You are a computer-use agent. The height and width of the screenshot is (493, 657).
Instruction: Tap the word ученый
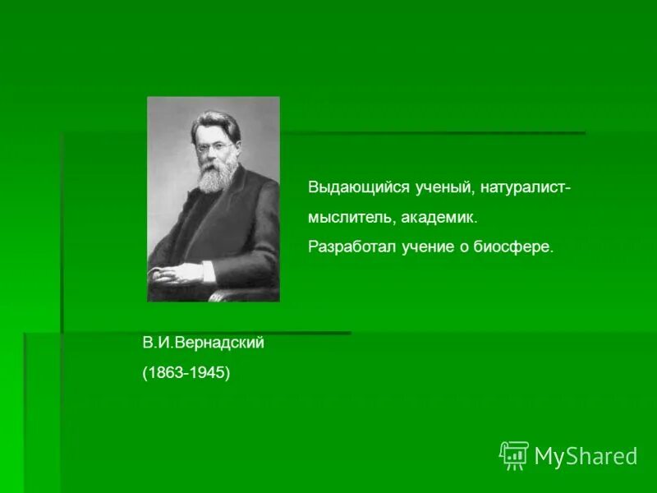[441, 187]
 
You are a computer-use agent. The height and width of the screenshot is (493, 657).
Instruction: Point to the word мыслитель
[342, 218]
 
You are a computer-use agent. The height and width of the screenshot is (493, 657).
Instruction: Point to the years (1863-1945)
[186, 372]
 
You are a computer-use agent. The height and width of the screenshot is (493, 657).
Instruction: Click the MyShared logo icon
[513, 455]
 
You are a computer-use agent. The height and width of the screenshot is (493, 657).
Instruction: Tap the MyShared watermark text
[586, 456]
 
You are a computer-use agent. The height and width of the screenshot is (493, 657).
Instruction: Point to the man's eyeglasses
[211, 149]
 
